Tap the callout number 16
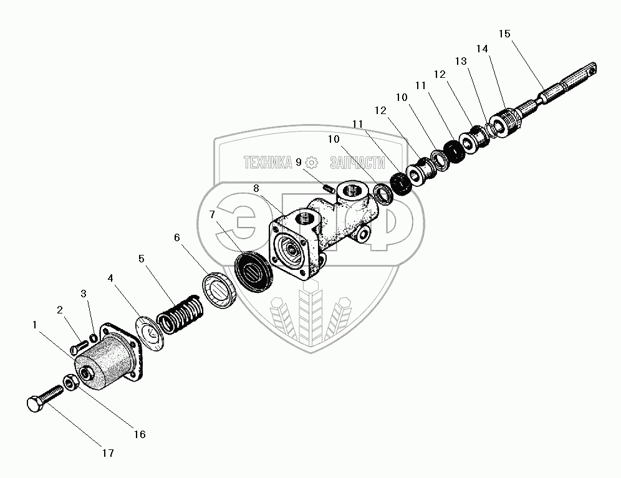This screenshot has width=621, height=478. (139, 434)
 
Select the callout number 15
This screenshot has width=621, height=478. (504, 34)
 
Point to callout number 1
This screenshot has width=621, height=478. (36, 324)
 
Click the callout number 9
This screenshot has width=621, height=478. (299, 162)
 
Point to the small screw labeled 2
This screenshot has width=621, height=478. (79, 344)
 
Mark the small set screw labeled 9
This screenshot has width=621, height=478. (328, 185)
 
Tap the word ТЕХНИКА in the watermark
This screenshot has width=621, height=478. (267, 163)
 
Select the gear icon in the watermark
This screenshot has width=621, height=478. (312, 163)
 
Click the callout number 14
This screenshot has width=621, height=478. (482, 48)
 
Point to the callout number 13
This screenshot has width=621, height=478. (461, 61)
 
